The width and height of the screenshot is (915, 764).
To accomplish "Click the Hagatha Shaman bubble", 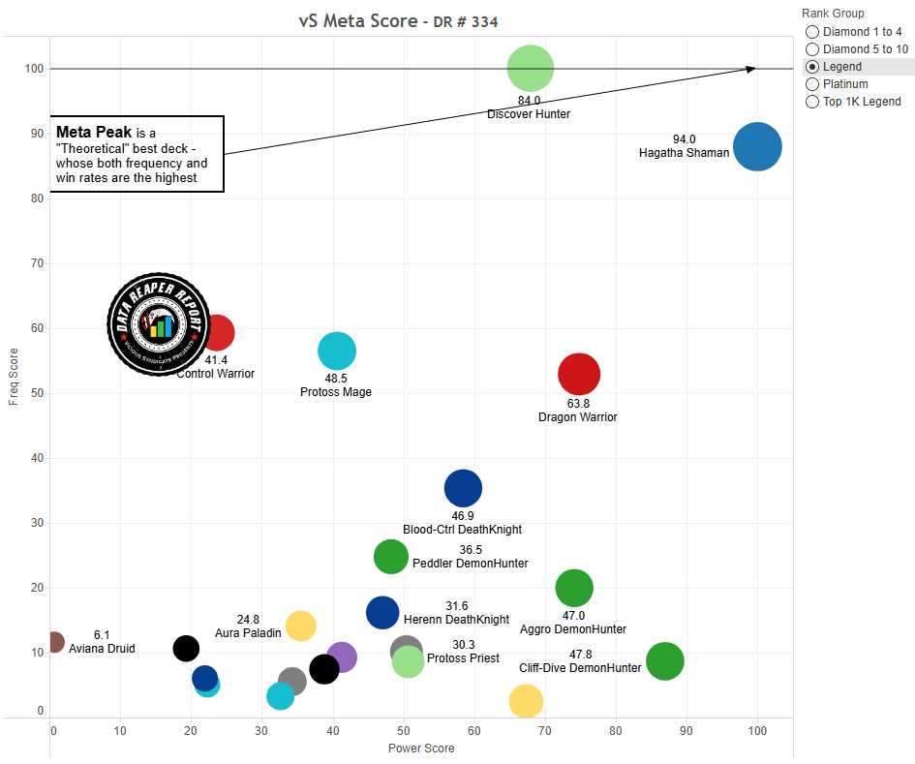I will pos(757,147).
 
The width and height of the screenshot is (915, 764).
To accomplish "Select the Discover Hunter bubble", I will pos(531,69).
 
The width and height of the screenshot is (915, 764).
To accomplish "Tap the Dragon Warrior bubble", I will pos(579,374).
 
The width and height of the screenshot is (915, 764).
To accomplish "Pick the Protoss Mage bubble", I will pos(337,351).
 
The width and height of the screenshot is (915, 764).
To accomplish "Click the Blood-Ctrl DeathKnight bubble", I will pos(463,488).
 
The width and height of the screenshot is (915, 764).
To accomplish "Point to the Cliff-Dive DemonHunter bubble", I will pos(664,661).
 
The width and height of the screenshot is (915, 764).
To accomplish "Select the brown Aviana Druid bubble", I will pos(54,642).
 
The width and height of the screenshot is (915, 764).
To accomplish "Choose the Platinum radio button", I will pos(812,84).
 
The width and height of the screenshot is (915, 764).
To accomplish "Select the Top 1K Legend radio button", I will pos(812,102).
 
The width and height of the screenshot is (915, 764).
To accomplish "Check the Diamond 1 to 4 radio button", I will pos(812,32).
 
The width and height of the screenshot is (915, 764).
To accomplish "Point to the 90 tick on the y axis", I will pos(38,134).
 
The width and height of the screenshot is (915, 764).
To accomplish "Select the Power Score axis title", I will pos(421,749).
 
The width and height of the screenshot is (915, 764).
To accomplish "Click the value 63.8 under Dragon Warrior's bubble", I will pos(578,404).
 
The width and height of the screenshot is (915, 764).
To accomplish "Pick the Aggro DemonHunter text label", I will pos(573,628).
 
